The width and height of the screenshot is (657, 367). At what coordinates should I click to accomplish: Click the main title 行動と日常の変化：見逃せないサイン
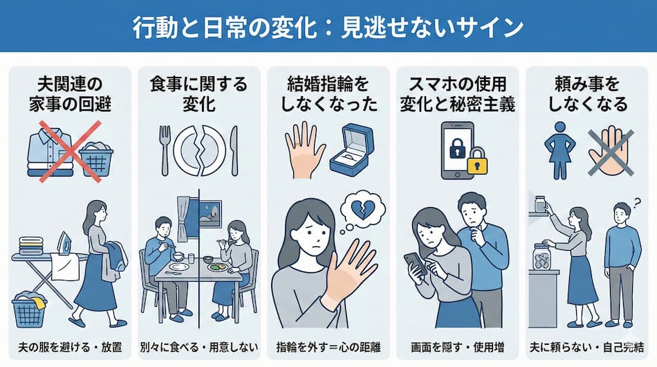328,27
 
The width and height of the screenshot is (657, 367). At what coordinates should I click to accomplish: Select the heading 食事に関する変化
198,96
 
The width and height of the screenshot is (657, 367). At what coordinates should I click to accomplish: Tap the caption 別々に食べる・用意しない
198,345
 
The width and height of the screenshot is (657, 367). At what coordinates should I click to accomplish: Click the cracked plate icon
200,150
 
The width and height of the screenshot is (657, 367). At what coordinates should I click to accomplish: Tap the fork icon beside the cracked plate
165,150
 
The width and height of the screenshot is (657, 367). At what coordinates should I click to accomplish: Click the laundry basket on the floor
28,307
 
